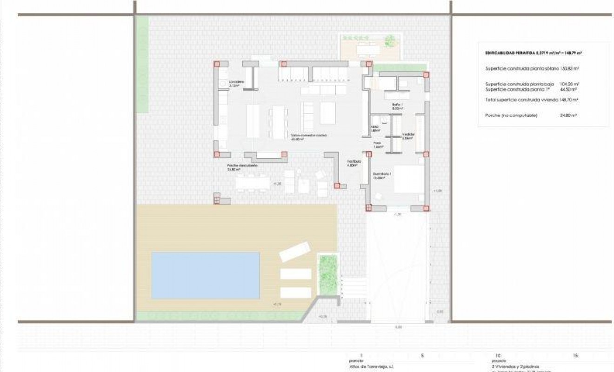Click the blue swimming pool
(205, 275)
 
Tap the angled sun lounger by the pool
(294, 252)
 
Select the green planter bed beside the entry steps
(327, 274)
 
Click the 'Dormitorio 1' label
(381, 176)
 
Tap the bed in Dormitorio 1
(409, 179)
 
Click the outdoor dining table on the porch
(252, 183)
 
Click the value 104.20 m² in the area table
(568, 84)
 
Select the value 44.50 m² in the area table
(568, 89)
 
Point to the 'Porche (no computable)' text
(511, 115)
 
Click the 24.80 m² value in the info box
(568, 115)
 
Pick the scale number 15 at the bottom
(576, 356)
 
